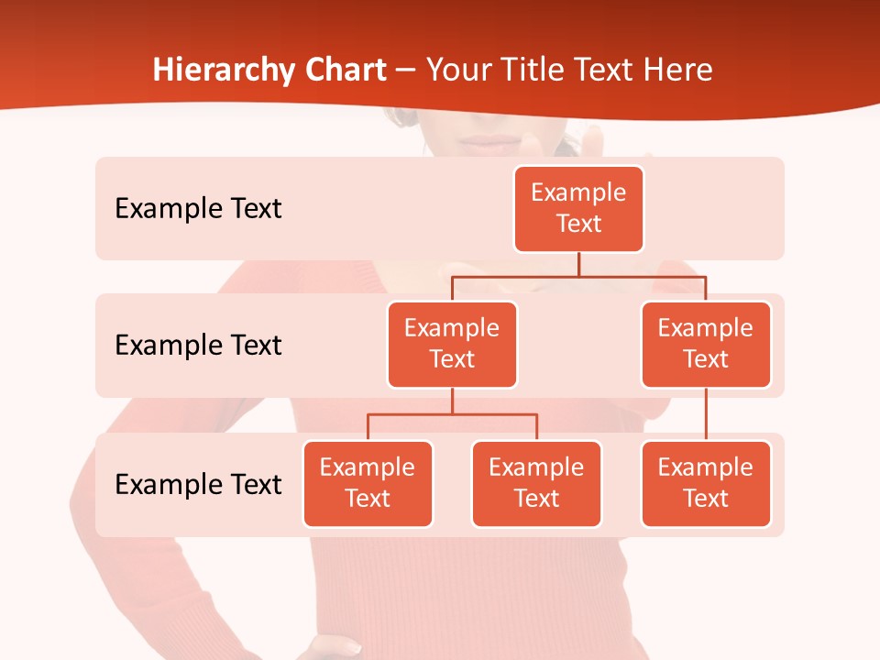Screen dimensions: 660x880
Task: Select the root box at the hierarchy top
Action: [x=578, y=208]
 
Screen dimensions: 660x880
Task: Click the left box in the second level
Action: [x=452, y=344]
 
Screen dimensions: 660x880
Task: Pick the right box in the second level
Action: [x=706, y=344]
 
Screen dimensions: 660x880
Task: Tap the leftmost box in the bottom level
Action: [x=368, y=483]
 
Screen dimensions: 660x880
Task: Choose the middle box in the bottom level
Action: [x=536, y=483]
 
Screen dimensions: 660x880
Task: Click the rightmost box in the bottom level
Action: [x=706, y=483]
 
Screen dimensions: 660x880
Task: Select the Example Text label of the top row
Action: [x=198, y=208]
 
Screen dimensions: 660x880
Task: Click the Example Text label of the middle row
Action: [x=198, y=345]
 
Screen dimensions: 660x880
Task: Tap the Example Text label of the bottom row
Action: [x=198, y=484]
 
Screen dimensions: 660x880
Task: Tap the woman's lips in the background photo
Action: [x=495, y=142]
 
